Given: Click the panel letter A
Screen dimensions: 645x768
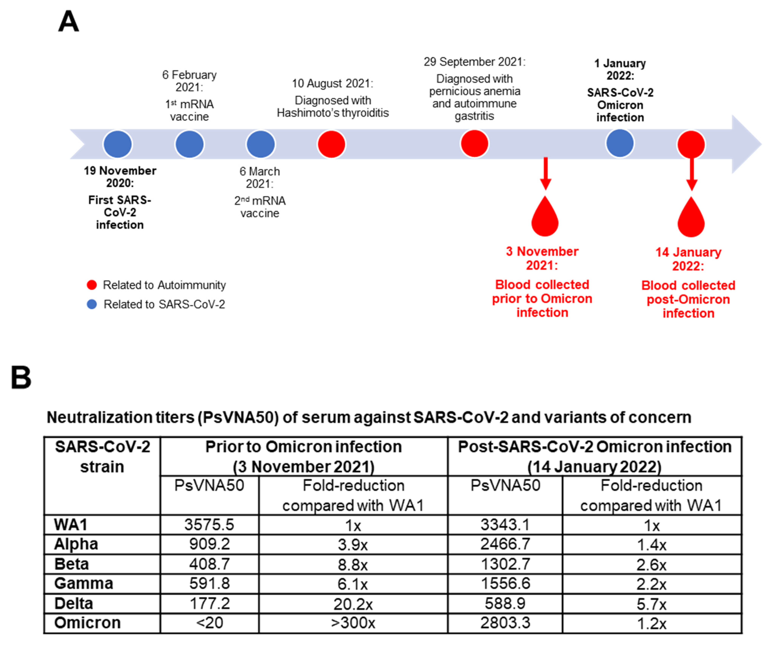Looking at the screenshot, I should pyautogui.click(x=68, y=21).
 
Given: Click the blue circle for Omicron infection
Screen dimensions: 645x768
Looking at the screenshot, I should pyautogui.click(x=620, y=143).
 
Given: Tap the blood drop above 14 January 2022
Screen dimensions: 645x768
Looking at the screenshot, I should pyautogui.click(x=691, y=219).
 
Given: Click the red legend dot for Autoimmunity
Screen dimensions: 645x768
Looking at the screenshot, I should pyautogui.click(x=91, y=285).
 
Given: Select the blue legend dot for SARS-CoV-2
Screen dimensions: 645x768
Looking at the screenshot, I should pyautogui.click(x=91, y=304).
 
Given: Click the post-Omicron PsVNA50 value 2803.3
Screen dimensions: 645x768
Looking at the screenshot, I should pyautogui.click(x=505, y=623).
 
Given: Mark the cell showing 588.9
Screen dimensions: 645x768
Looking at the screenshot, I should pyautogui.click(x=505, y=603).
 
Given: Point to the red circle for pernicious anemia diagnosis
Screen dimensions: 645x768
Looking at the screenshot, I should pyautogui.click(x=474, y=143).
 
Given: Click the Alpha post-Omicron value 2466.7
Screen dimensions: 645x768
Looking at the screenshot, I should pyautogui.click(x=505, y=544).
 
